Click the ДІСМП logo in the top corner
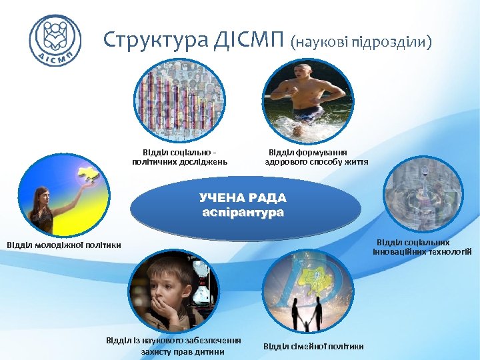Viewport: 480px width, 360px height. [55, 39]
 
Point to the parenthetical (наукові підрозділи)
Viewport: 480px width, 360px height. [361, 42]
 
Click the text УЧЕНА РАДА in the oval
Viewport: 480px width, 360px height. [243, 198]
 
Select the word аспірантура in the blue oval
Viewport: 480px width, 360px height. [243, 212]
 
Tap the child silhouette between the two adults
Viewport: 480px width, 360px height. [307, 322]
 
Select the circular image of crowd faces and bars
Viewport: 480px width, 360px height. [179, 101]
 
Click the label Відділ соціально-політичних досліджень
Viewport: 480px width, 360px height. [179, 157]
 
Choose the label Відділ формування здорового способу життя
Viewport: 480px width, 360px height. [317, 157]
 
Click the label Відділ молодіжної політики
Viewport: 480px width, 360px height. [64, 245]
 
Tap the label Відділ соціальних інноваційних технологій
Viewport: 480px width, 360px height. [423, 247]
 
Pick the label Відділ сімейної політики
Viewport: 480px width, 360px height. [313, 346]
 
